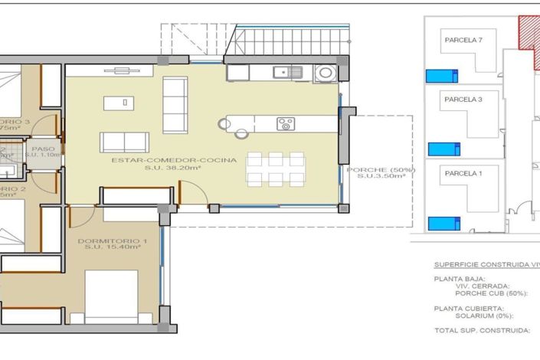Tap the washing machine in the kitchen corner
tap(326, 74)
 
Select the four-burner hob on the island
tap(286, 123)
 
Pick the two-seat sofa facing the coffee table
tap(125, 141)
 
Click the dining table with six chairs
tap(275, 169)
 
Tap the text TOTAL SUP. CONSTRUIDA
tap(482, 330)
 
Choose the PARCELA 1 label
tap(463, 173)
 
